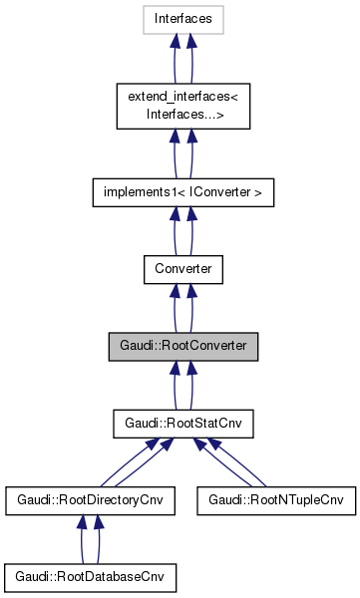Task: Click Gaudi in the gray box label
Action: click(x=138, y=347)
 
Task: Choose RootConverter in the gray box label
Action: click(x=202, y=347)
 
